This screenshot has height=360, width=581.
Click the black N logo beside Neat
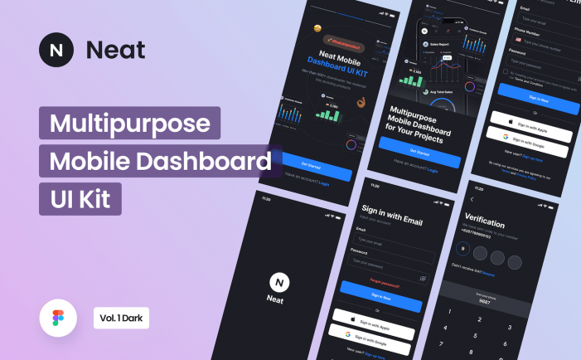point(56,50)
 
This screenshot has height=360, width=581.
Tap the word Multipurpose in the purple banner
point(129,123)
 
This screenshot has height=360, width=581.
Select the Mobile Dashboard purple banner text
point(160,161)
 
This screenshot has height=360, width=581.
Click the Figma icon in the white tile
point(57,319)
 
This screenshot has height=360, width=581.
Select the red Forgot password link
point(384,282)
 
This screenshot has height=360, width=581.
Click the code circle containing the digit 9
point(462,248)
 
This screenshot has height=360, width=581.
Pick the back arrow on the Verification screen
point(472,199)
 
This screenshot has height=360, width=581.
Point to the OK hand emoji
point(361,103)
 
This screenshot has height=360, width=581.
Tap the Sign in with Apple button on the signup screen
point(531,118)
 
